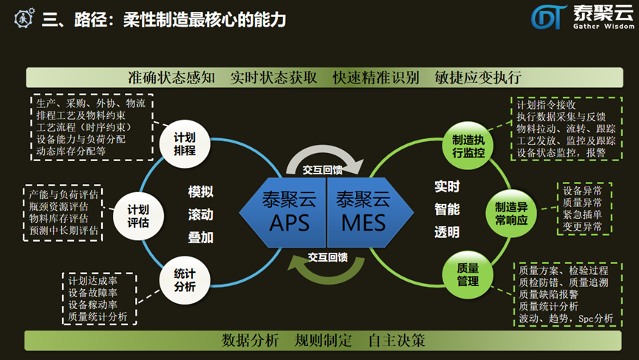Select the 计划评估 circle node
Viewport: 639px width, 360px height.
tap(138, 214)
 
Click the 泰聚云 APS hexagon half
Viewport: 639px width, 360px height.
tap(288, 211)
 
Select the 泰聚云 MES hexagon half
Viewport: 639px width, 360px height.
tap(362, 211)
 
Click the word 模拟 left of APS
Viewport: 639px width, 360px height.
tap(201, 192)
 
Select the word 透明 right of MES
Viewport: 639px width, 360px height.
tap(447, 232)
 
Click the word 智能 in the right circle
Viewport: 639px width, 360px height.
tap(447, 209)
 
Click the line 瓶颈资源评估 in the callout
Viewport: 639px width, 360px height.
tap(64, 207)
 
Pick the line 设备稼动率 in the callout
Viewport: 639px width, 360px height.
tap(93, 305)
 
